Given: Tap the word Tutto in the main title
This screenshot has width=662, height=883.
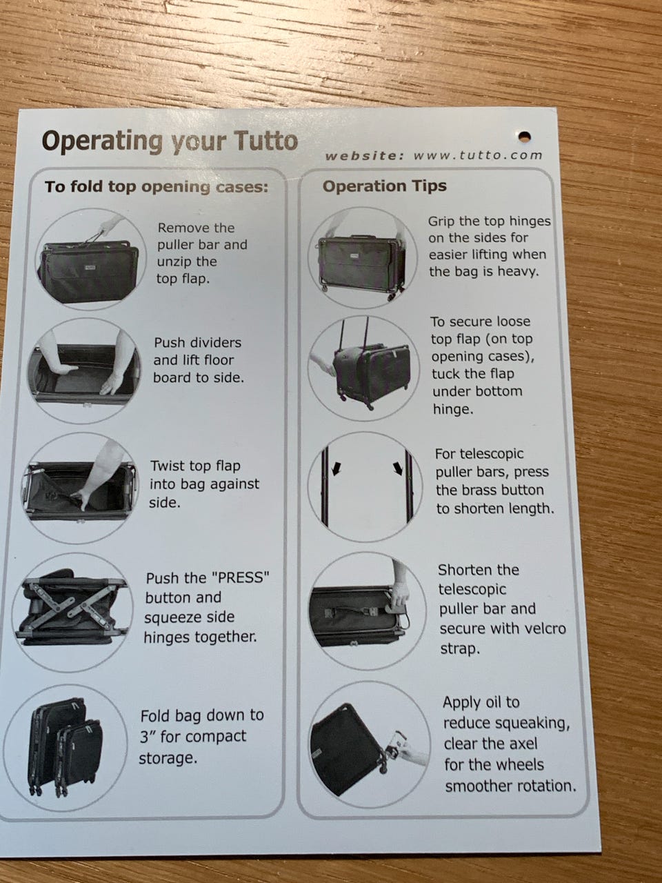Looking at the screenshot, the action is (265, 141).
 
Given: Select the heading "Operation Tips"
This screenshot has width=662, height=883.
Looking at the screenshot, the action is (385, 186).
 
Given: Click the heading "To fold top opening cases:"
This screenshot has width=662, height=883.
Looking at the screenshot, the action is (157, 187).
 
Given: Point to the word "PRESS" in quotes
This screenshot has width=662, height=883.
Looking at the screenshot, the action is (240, 578).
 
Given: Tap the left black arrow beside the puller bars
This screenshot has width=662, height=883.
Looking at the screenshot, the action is (336, 468).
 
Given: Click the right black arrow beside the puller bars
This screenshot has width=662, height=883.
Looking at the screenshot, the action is (399, 468).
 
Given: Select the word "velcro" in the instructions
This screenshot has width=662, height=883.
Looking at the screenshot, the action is (541, 628).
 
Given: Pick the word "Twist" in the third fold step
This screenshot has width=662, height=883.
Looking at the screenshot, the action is (167, 466).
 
